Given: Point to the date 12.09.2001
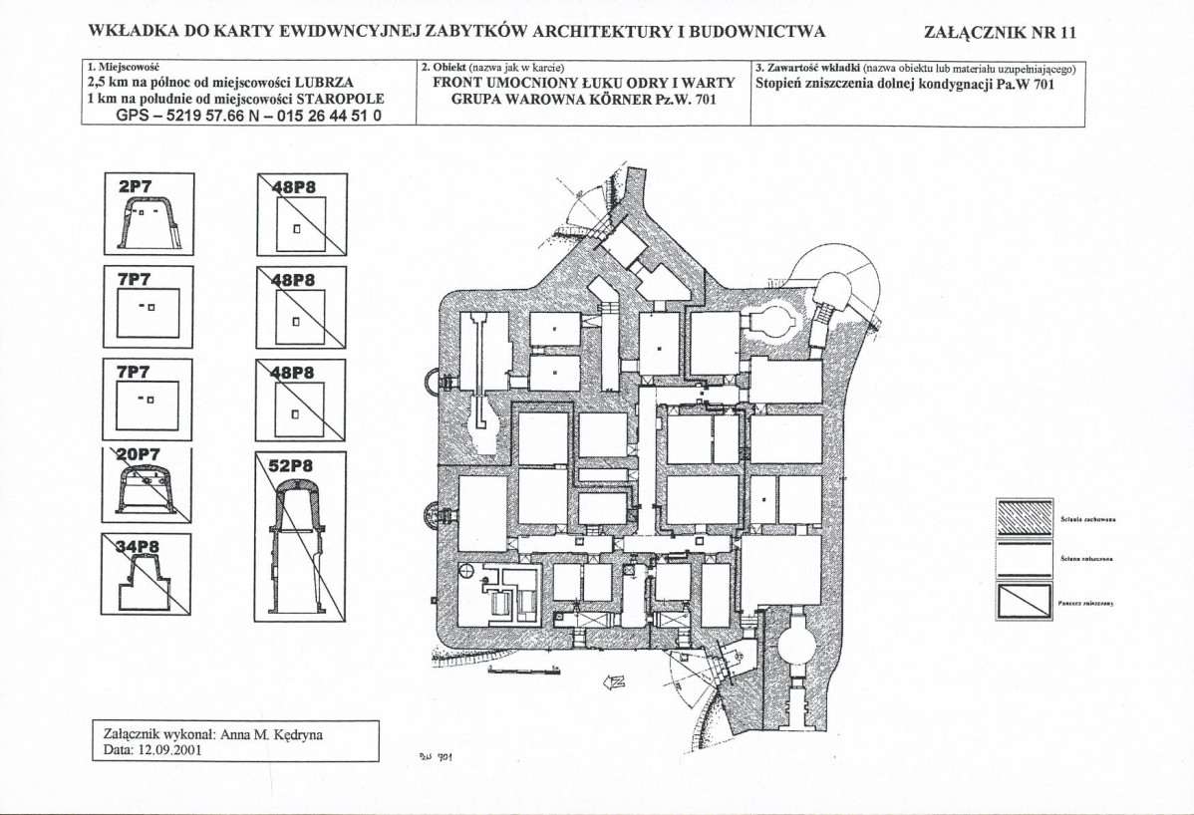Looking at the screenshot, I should click(169, 750).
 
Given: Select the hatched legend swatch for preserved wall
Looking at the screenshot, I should click(1024, 515).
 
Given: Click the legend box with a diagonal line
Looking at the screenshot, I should click(1024, 602).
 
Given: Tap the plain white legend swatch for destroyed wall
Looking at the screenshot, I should click(1024, 559).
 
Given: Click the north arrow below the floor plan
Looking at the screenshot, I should click(613, 681).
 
